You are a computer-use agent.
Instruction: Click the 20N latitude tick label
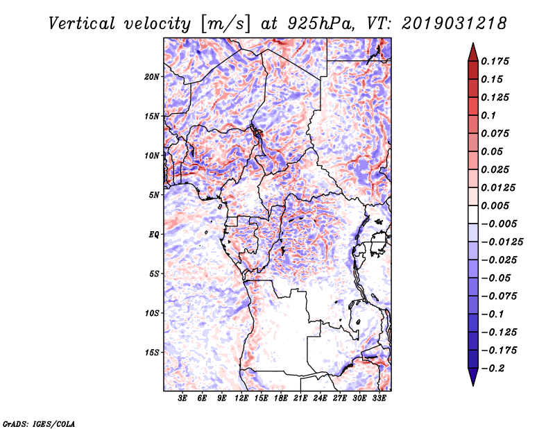152,76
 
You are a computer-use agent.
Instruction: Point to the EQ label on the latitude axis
154,234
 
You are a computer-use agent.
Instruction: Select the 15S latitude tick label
152,352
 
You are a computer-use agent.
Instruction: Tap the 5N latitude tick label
154,194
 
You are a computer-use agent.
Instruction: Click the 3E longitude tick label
183,398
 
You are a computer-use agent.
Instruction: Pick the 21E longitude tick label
301,398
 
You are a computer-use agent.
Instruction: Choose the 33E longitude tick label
379,398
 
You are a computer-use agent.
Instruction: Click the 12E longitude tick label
242,398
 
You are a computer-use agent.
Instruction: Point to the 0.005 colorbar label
497,205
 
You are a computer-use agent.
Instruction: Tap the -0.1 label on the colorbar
493,314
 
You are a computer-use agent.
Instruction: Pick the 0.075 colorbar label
497,133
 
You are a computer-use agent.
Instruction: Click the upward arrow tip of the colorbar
472,44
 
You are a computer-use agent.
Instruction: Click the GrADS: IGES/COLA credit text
39,423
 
